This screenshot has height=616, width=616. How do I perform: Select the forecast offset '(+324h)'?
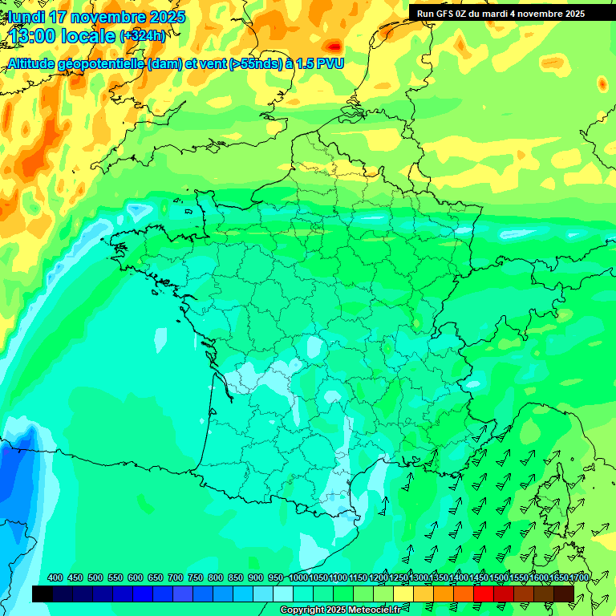142,36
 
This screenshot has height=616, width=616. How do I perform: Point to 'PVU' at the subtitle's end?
329,63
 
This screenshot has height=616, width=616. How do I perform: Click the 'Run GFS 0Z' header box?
501,13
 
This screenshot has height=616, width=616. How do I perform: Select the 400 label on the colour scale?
55,578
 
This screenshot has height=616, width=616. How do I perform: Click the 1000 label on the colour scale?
298,578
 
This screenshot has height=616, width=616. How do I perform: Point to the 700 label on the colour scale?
176,578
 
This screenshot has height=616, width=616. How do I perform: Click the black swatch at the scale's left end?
43,594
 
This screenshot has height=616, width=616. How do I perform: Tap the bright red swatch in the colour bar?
484,594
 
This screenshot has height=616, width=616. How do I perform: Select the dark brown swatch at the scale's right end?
564,594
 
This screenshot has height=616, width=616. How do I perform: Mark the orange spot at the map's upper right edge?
602,83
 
